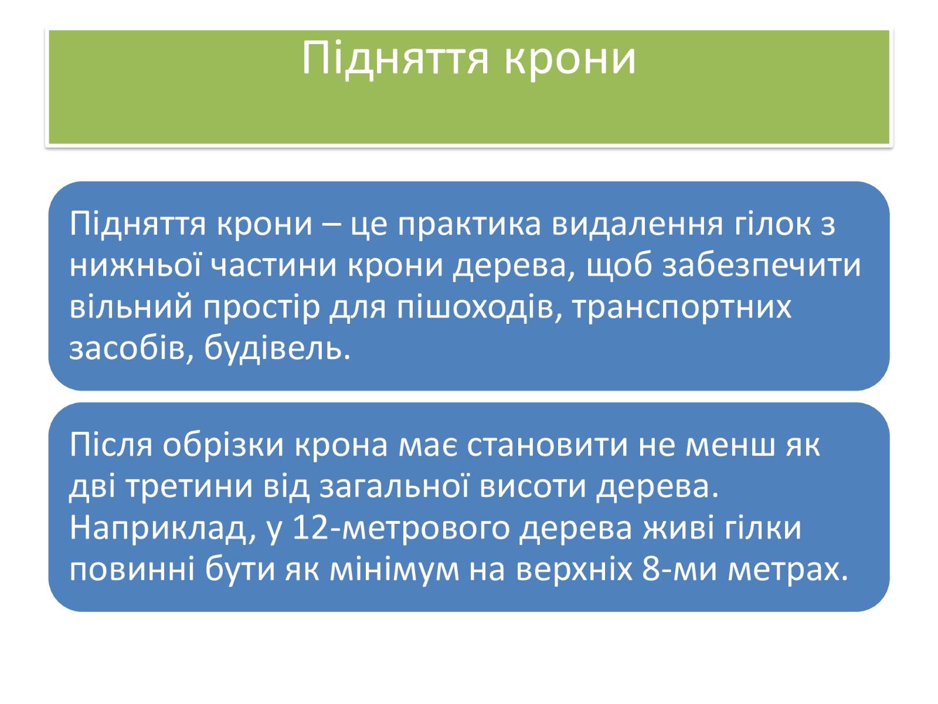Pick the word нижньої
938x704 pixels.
pos(135,266)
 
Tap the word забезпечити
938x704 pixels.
pos(762,266)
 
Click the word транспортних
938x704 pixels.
pos(681,307)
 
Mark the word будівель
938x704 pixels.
pos(277,348)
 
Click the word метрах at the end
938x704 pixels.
pos(788,570)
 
